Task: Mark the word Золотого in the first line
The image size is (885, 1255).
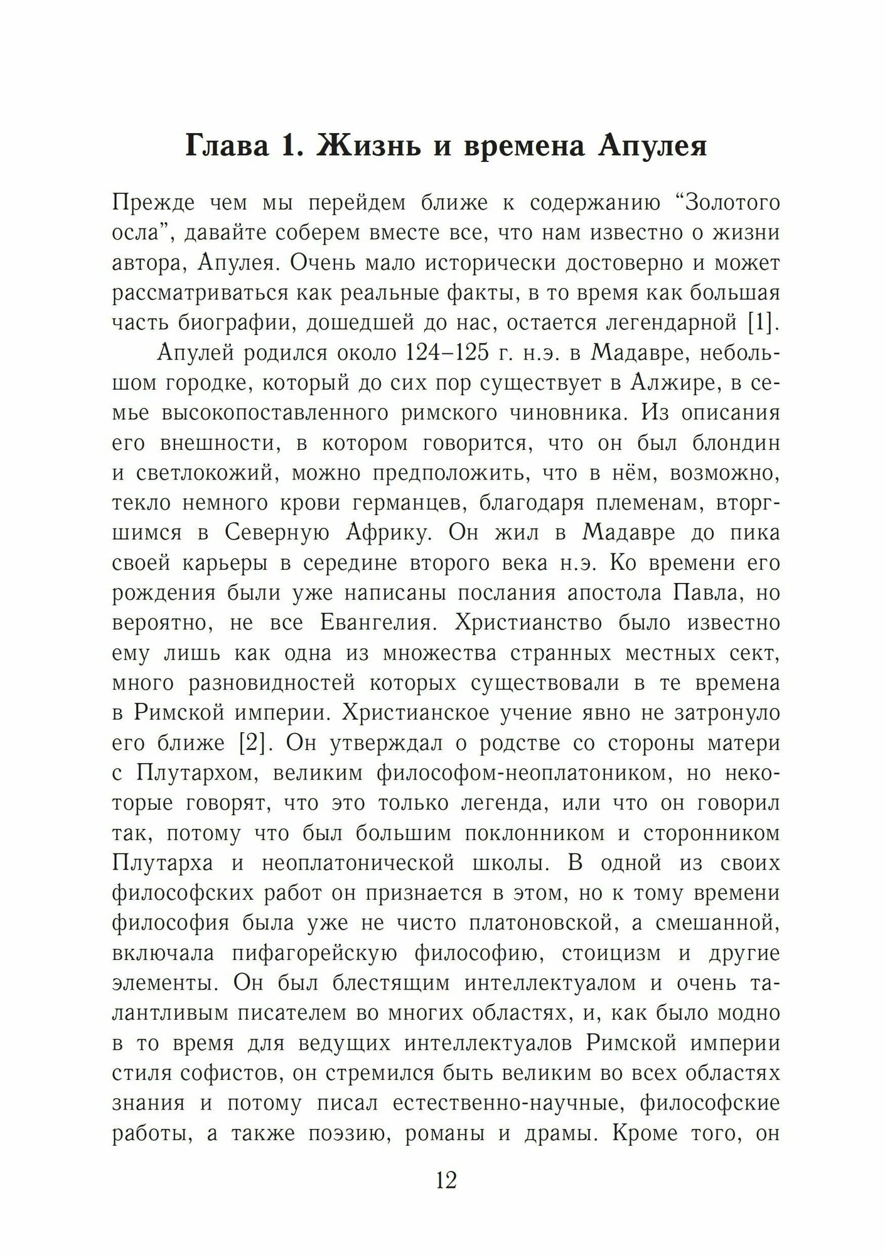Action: (x=726, y=204)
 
